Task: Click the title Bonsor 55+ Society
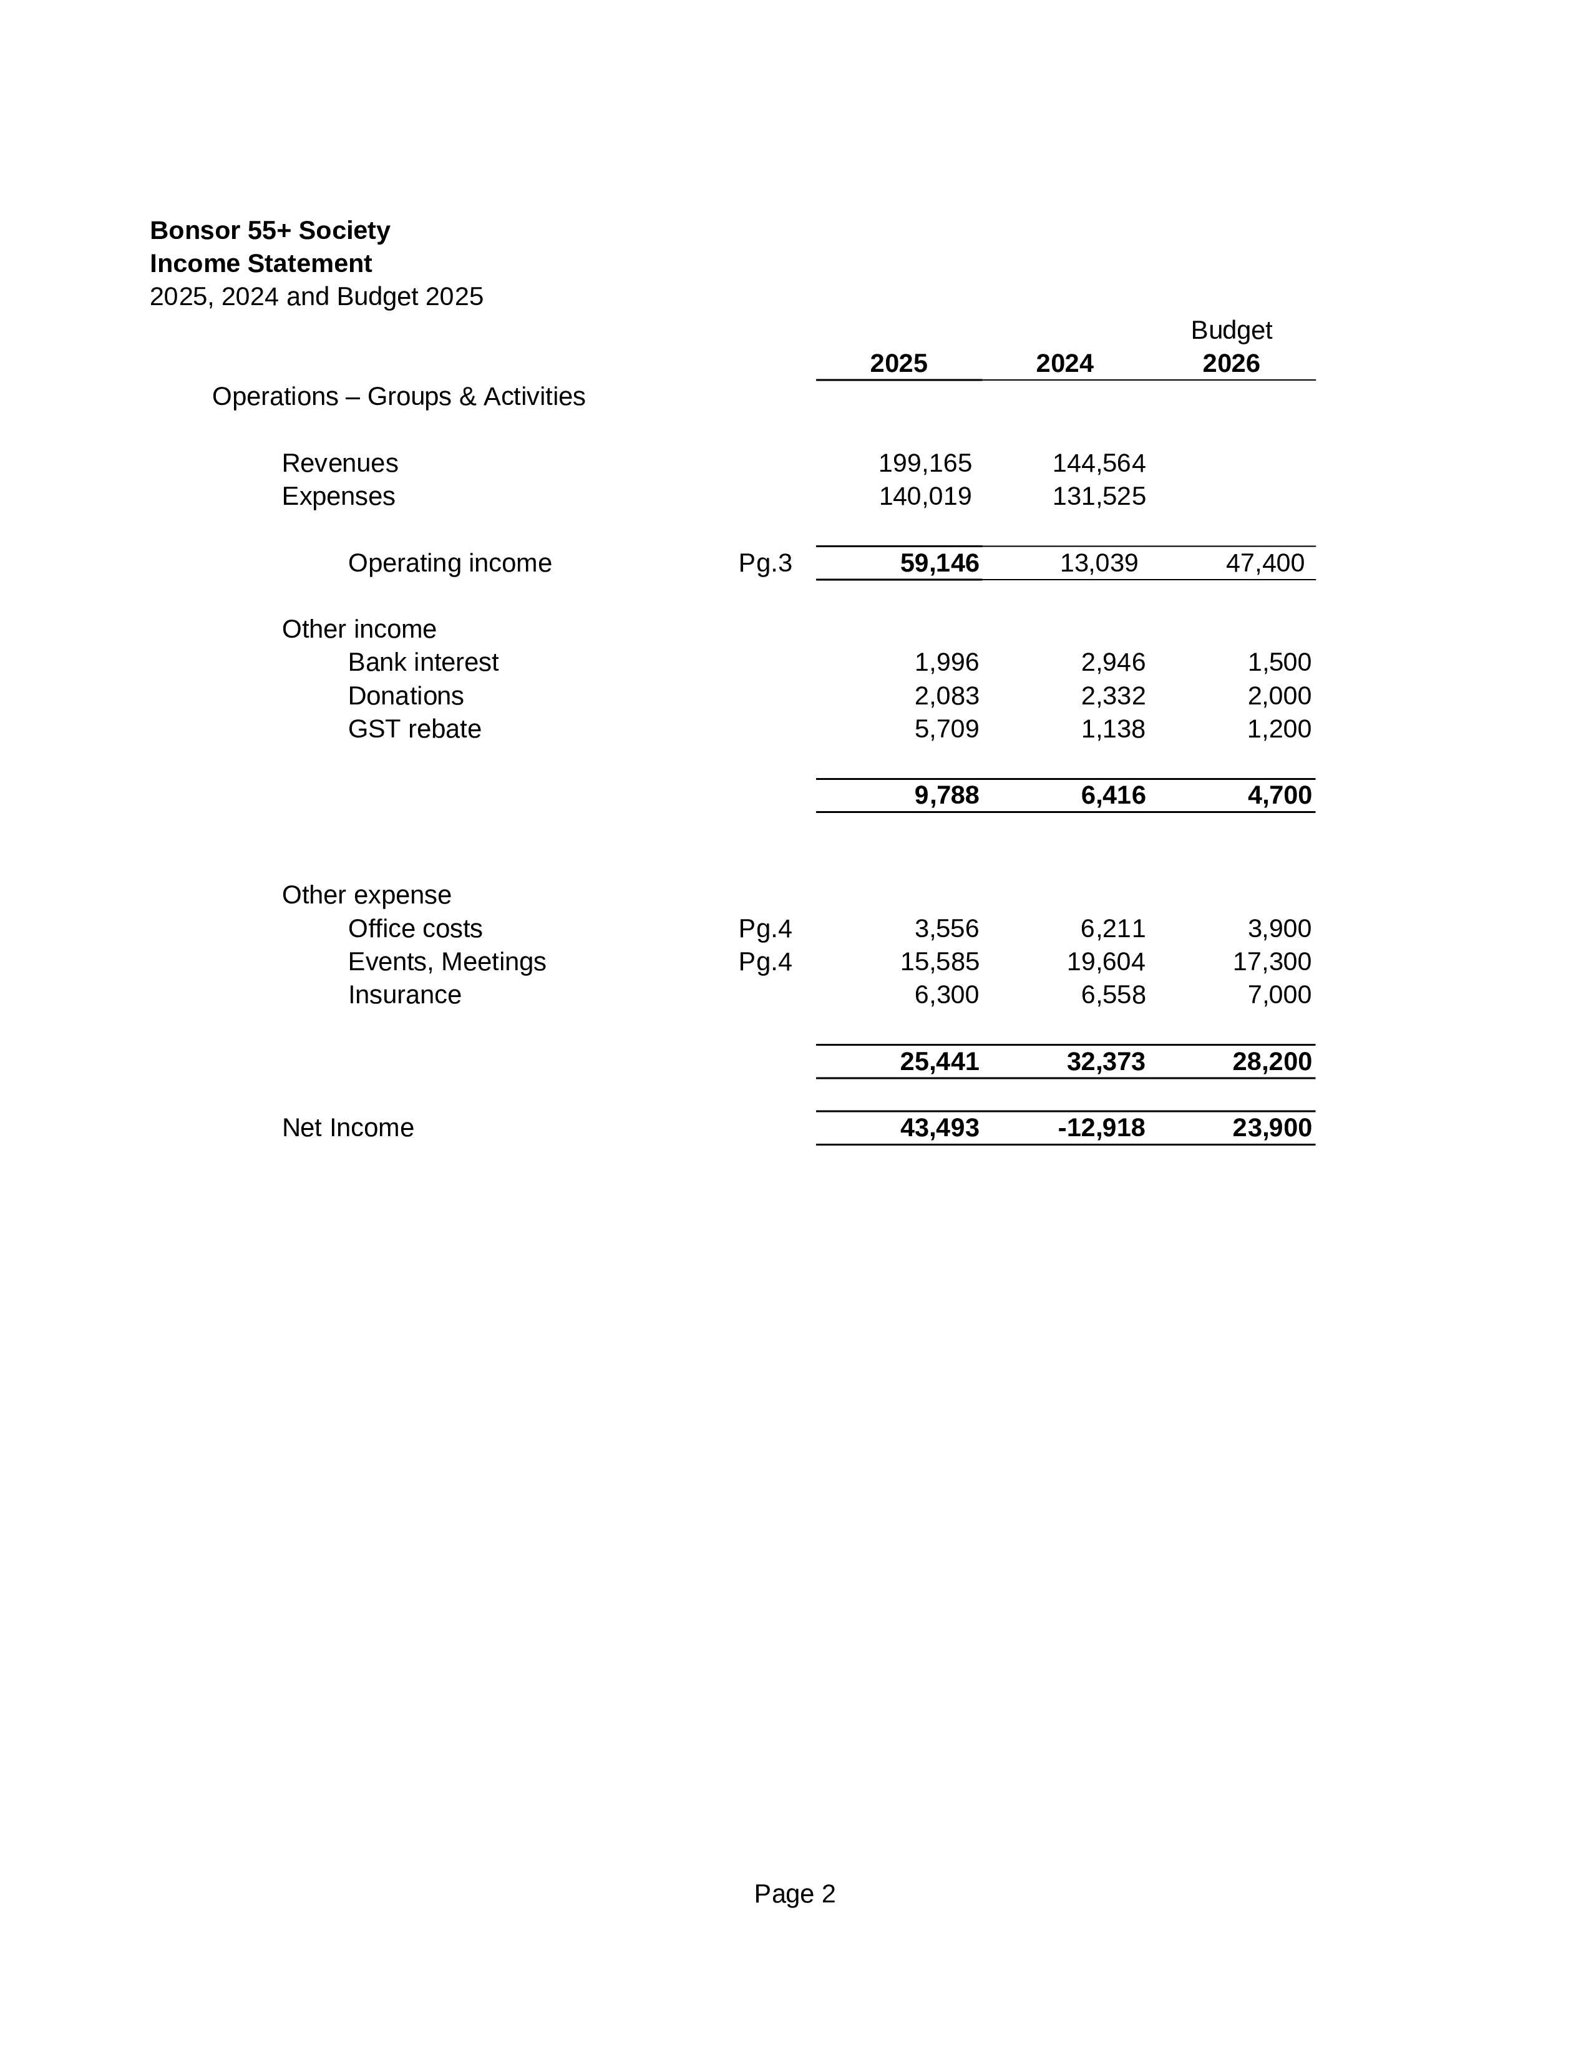pyautogui.click(x=270, y=231)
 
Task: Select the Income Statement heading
pyautogui.click(x=260, y=264)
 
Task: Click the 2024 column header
pyautogui.click(x=1064, y=364)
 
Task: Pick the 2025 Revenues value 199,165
pyautogui.click(x=925, y=464)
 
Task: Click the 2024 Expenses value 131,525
pyautogui.click(x=1098, y=497)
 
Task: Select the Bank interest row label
pyautogui.click(x=422, y=663)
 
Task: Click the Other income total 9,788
pyautogui.click(x=946, y=796)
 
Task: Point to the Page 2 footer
pyautogui.click(x=794, y=1894)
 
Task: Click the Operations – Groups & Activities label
pyautogui.click(x=398, y=397)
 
